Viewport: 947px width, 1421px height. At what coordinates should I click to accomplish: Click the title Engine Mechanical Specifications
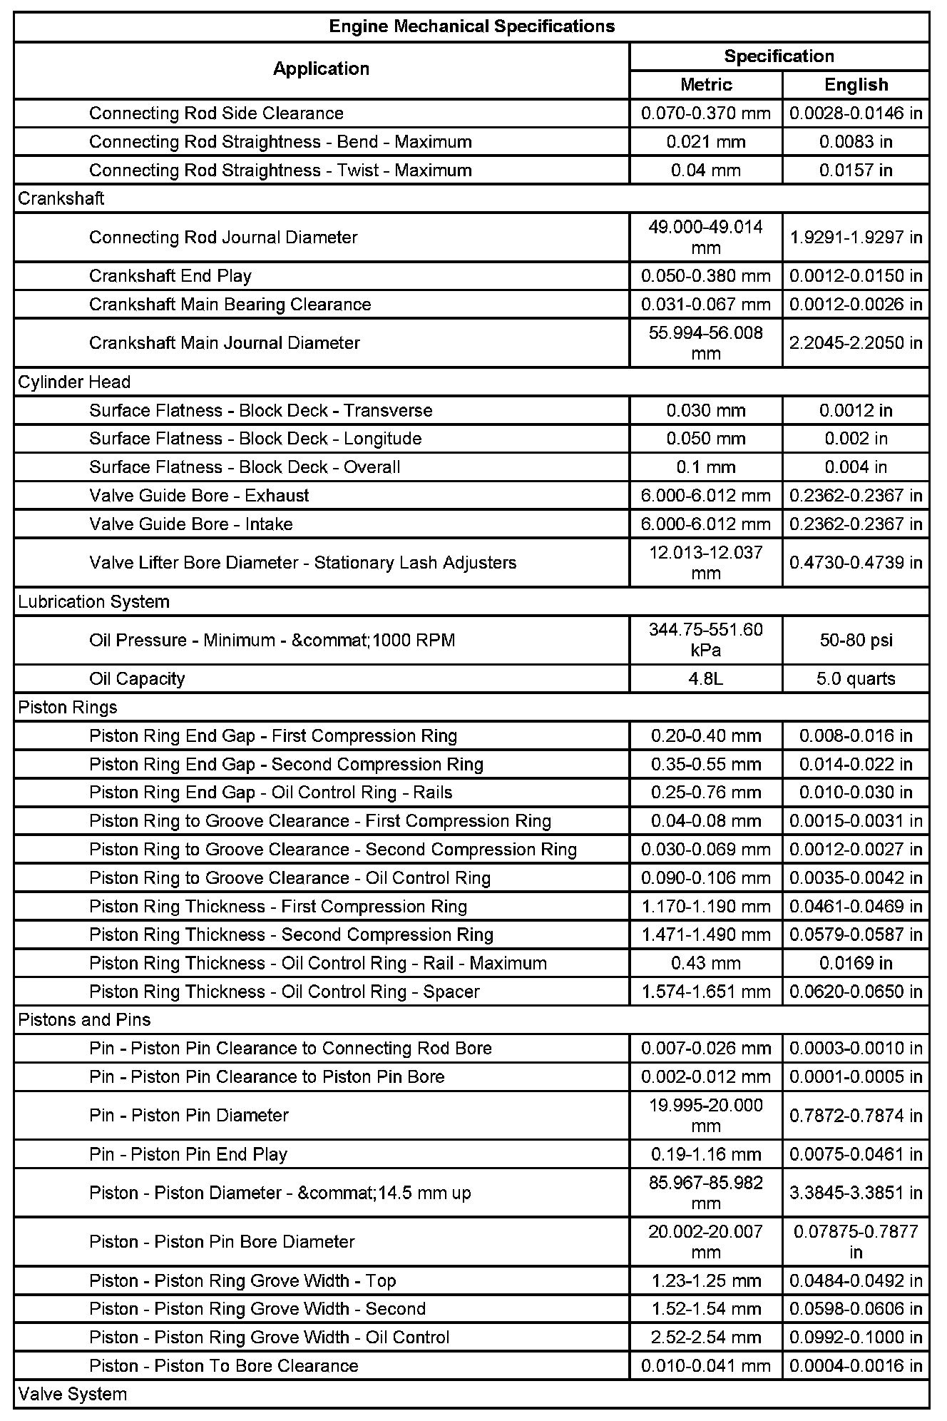click(471, 27)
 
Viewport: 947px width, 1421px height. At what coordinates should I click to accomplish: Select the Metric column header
click(706, 85)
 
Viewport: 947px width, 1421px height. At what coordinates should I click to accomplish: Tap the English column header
click(856, 85)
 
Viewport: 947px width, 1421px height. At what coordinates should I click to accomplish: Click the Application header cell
click(321, 69)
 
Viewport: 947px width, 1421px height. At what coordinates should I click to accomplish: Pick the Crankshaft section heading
click(61, 198)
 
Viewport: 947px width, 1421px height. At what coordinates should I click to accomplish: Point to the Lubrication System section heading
click(93, 601)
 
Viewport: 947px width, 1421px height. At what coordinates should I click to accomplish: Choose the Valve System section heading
click(73, 1394)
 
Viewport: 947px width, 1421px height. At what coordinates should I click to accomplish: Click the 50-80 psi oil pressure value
click(856, 640)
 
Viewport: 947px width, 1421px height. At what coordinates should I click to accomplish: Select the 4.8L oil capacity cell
click(706, 678)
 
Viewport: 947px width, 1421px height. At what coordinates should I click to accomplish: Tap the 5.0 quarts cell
click(856, 678)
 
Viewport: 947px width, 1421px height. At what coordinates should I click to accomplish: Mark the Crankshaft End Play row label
click(170, 276)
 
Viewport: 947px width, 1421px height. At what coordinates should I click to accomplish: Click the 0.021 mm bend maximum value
click(706, 142)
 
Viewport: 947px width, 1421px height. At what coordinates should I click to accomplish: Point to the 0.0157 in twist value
click(856, 170)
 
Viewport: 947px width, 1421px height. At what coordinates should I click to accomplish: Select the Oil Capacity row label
click(137, 678)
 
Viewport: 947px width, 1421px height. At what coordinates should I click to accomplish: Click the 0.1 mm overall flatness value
click(706, 467)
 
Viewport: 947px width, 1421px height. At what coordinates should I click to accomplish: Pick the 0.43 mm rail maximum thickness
click(706, 963)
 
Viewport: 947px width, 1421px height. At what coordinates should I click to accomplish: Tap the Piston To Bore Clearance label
click(224, 1365)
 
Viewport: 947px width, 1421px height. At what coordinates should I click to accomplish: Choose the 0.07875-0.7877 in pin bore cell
click(856, 1241)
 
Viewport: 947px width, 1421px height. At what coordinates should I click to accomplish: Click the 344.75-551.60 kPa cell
click(706, 640)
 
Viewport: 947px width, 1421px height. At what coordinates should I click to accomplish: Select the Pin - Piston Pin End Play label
click(188, 1154)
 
